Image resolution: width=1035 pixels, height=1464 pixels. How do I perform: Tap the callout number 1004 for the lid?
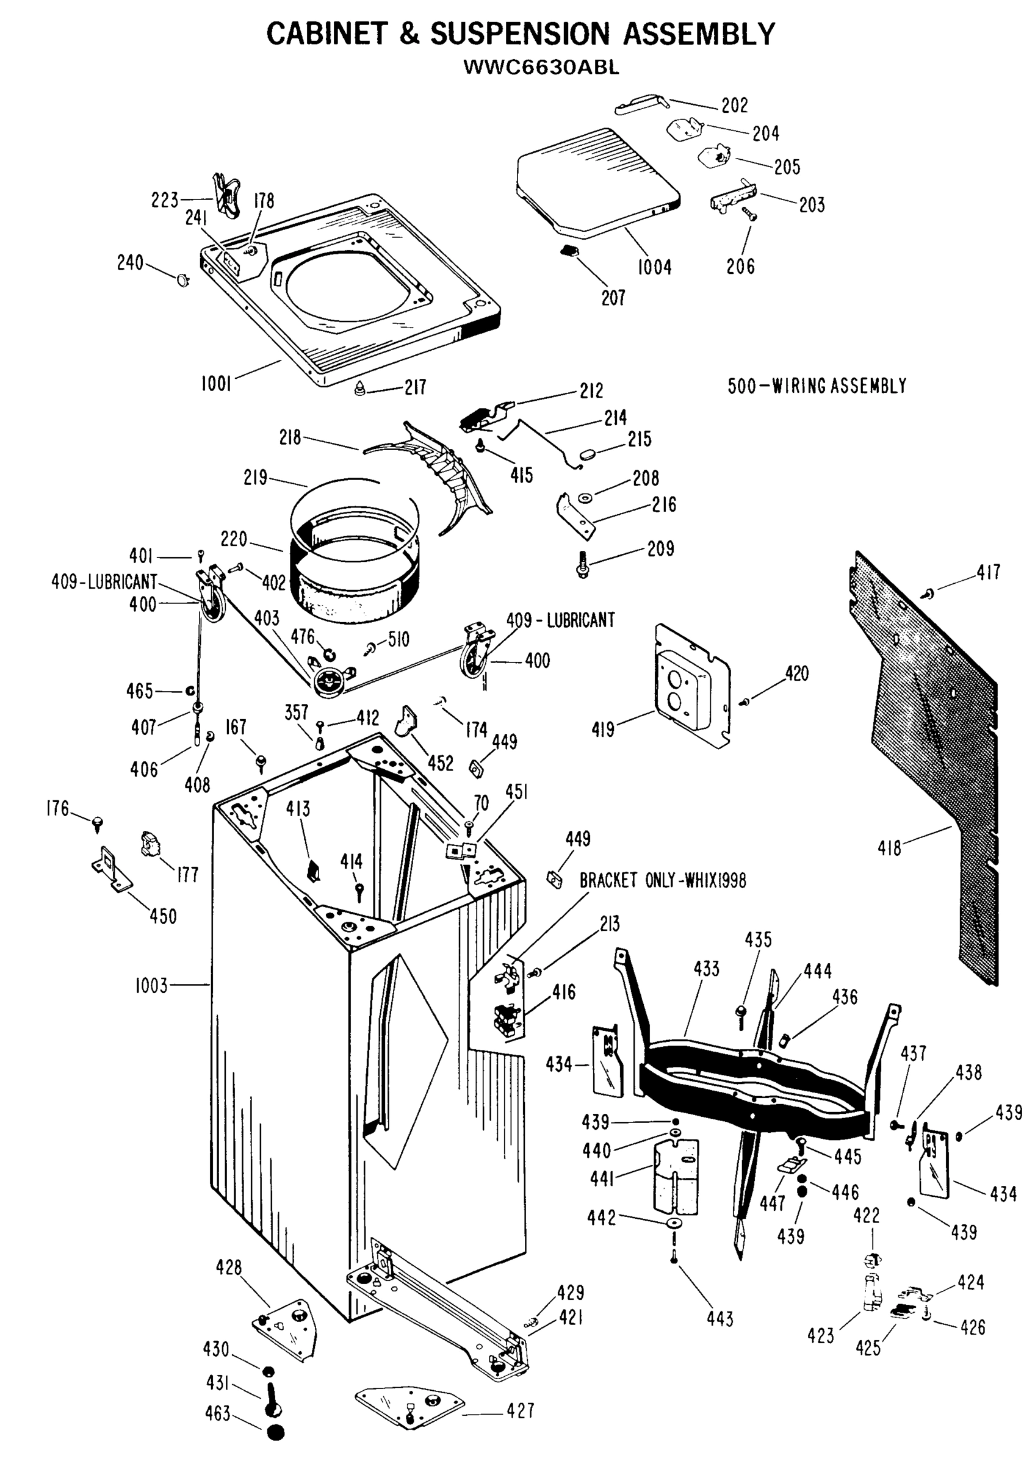pyautogui.click(x=654, y=267)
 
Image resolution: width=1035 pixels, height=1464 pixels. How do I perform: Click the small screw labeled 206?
pyautogui.click(x=749, y=215)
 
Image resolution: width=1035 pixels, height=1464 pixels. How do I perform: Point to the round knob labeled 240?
pyautogui.click(x=184, y=279)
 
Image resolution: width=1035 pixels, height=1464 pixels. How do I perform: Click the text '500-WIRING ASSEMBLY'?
pyautogui.click(x=817, y=386)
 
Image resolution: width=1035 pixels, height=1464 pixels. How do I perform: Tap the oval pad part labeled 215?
pyautogui.click(x=588, y=453)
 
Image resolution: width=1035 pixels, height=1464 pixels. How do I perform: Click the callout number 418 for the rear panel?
pyautogui.click(x=890, y=848)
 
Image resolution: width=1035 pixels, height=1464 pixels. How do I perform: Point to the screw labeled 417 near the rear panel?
pyautogui.click(x=928, y=594)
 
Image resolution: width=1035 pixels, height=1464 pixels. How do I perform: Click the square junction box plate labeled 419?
pyautogui.click(x=692, y=686)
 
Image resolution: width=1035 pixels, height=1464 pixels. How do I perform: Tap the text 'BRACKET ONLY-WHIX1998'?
pyautogui.click(x=662, y=881)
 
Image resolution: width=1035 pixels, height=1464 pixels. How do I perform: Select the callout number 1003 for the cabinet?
pyautogui.click(x=151, y=986)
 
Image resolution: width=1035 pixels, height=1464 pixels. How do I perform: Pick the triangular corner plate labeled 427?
pyautogui.click(x=409, y=1407)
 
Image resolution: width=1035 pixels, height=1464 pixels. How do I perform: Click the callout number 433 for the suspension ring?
pyautogui.click(x=706, y=969)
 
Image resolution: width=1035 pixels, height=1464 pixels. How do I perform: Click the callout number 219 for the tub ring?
pyautogui.click(x=255, y=478)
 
